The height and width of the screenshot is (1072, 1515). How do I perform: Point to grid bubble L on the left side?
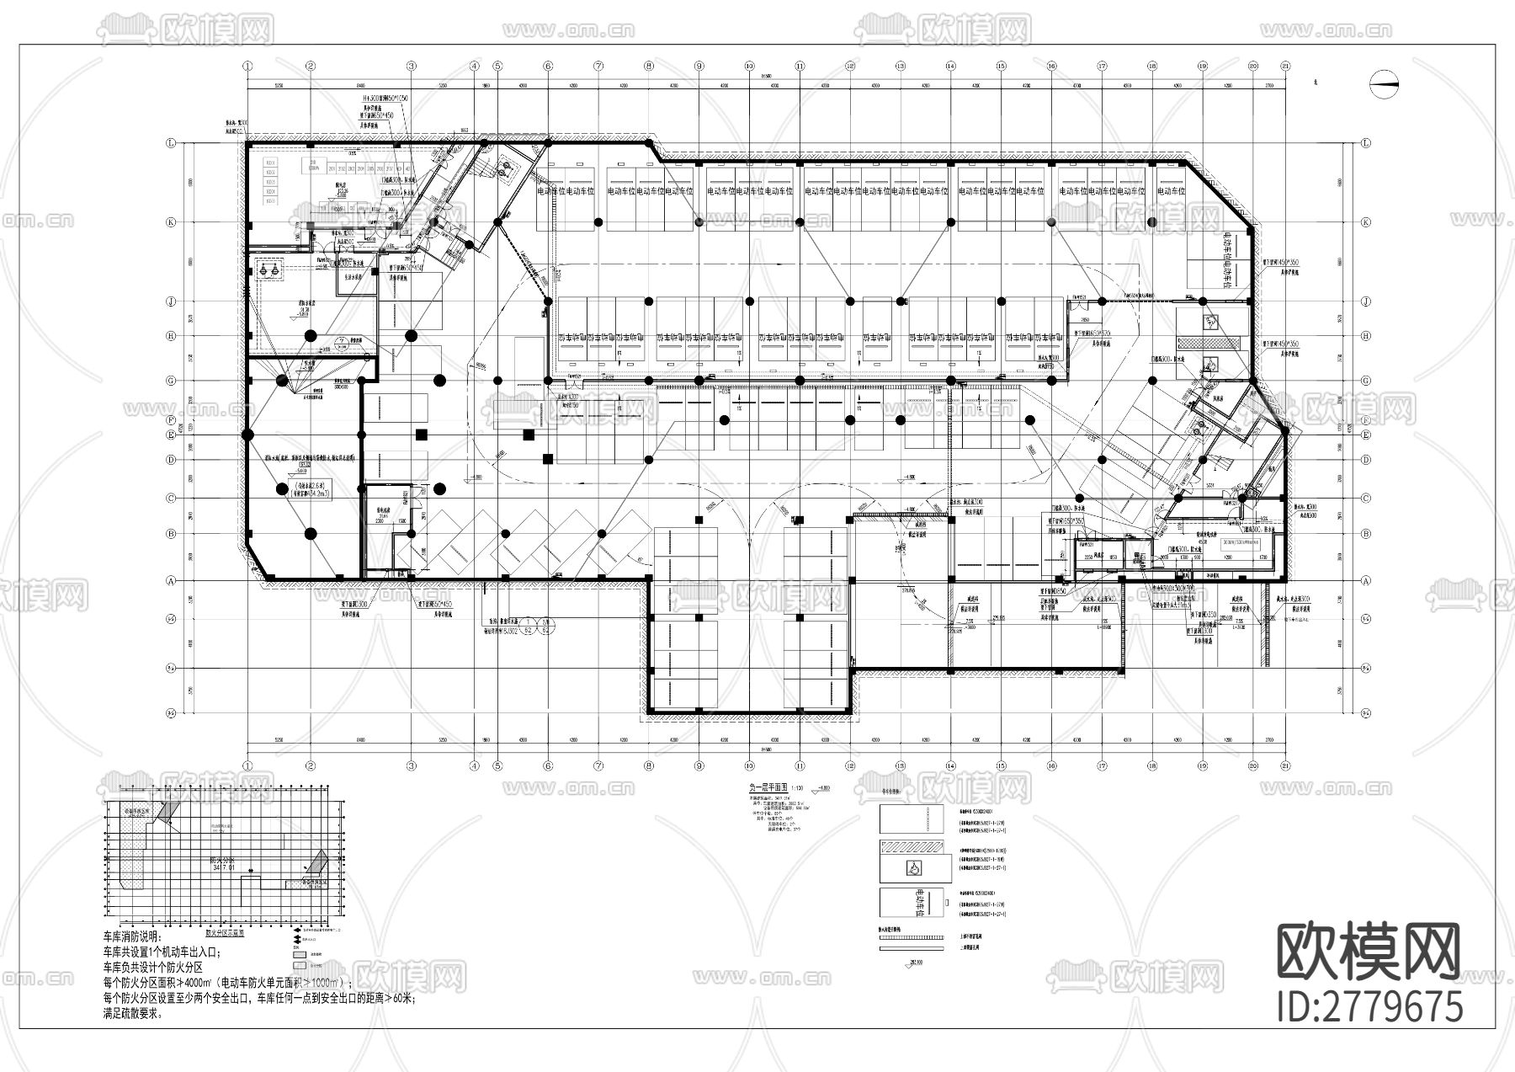[x=171, y=143]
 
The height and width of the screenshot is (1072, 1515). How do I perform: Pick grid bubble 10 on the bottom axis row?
[x=748, y=765]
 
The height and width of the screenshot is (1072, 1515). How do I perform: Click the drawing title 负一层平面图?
[x=764, y=788]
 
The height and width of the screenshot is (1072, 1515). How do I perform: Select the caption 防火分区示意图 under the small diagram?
[x=225, y=933]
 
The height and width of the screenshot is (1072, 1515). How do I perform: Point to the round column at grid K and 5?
[x=497, y=222]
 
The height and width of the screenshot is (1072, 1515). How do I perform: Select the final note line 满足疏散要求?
[x=133, y=1015]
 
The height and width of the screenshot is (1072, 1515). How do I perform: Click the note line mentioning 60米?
[x=258, y=1000]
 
